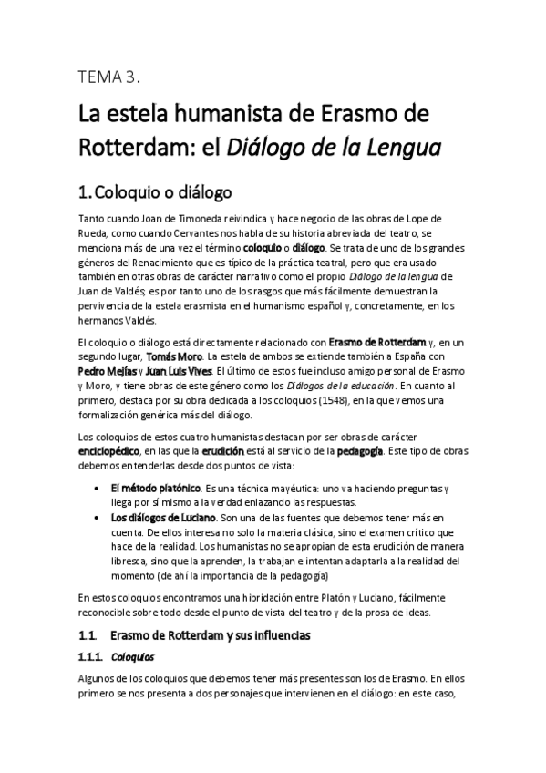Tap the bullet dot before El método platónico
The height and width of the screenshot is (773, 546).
tap(98, 489)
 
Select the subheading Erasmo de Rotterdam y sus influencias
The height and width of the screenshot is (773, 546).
tap(211, 634)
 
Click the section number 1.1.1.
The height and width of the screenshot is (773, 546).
tap(88, 655)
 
